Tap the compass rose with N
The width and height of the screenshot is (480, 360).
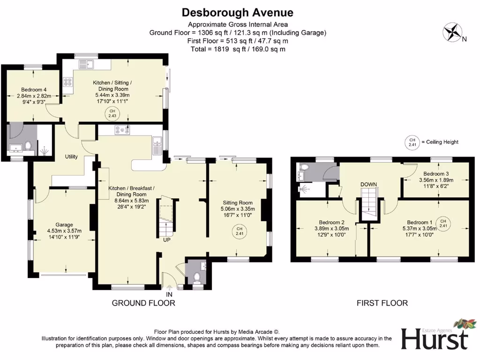pos(453,32)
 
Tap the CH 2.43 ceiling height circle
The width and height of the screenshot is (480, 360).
pos(112,112)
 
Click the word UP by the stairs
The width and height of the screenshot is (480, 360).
pos(166,240)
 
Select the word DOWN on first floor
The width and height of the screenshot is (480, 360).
pos(369,184)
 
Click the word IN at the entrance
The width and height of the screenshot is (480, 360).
pos(169,294)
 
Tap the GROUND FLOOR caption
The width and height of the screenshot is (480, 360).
pos(143,303)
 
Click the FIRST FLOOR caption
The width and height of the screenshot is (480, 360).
pos(382,303)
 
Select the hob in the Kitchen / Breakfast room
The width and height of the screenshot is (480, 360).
pos(121,131)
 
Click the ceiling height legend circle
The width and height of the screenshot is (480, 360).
pos(412,142)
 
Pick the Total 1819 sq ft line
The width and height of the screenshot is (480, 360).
pos(238,49)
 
